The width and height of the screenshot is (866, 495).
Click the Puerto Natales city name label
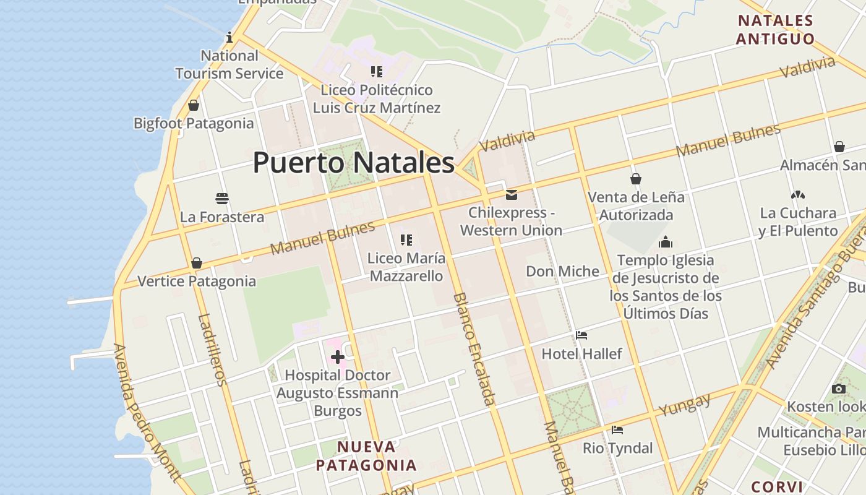(353, 163)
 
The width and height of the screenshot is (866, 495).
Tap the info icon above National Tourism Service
(229, 37)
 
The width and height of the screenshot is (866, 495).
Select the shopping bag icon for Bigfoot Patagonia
(194, 105)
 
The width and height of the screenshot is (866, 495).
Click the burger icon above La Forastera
(222, 199)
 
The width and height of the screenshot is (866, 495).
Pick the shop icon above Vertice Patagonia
(197, 263)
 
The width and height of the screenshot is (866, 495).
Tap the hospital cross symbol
(338, 357)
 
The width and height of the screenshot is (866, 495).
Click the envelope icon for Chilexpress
(512, 195)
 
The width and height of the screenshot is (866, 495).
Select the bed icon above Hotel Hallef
(581, 335)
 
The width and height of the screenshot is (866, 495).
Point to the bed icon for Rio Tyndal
(617, 430)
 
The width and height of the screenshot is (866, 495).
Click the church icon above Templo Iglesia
(666, 242)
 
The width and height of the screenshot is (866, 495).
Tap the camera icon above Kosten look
(839, 389)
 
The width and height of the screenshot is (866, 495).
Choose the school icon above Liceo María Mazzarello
(406, 239)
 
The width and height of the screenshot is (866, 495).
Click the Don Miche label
(562, 271)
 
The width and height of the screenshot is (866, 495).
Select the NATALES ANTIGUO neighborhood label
(775, 30)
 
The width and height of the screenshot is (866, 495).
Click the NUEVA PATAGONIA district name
(366, 456)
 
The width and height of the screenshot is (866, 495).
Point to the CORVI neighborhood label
(777, 486)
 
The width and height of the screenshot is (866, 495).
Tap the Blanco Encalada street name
(474, 349)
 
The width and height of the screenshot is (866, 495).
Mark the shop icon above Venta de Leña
(636, 179)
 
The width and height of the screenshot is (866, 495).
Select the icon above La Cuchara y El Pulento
(798, 195)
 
